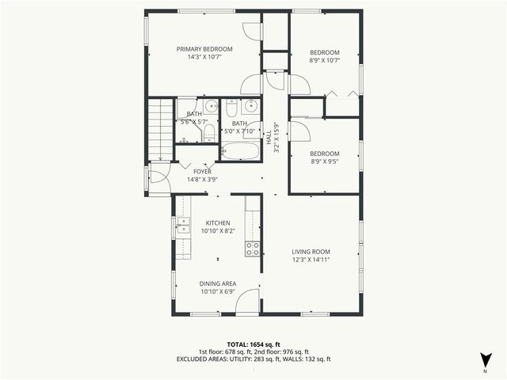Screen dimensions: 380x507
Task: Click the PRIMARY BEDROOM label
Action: [204, 48]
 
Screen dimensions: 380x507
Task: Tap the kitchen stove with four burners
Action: [253, 249]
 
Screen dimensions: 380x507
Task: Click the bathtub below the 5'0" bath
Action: [239, 150]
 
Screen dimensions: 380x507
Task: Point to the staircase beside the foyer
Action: [161, 127]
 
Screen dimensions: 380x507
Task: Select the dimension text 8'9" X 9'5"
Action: [324, 162]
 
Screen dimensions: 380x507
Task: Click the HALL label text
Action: [269, 137]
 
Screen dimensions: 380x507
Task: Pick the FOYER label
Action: [203, 171]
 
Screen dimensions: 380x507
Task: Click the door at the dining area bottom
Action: [248, 302]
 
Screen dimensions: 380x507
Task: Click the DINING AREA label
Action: [218, 283]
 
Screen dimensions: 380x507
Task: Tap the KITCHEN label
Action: [218, 223]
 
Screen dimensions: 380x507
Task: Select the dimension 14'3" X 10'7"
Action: [204, 57]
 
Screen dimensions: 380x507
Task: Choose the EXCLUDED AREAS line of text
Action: [253, 359]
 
